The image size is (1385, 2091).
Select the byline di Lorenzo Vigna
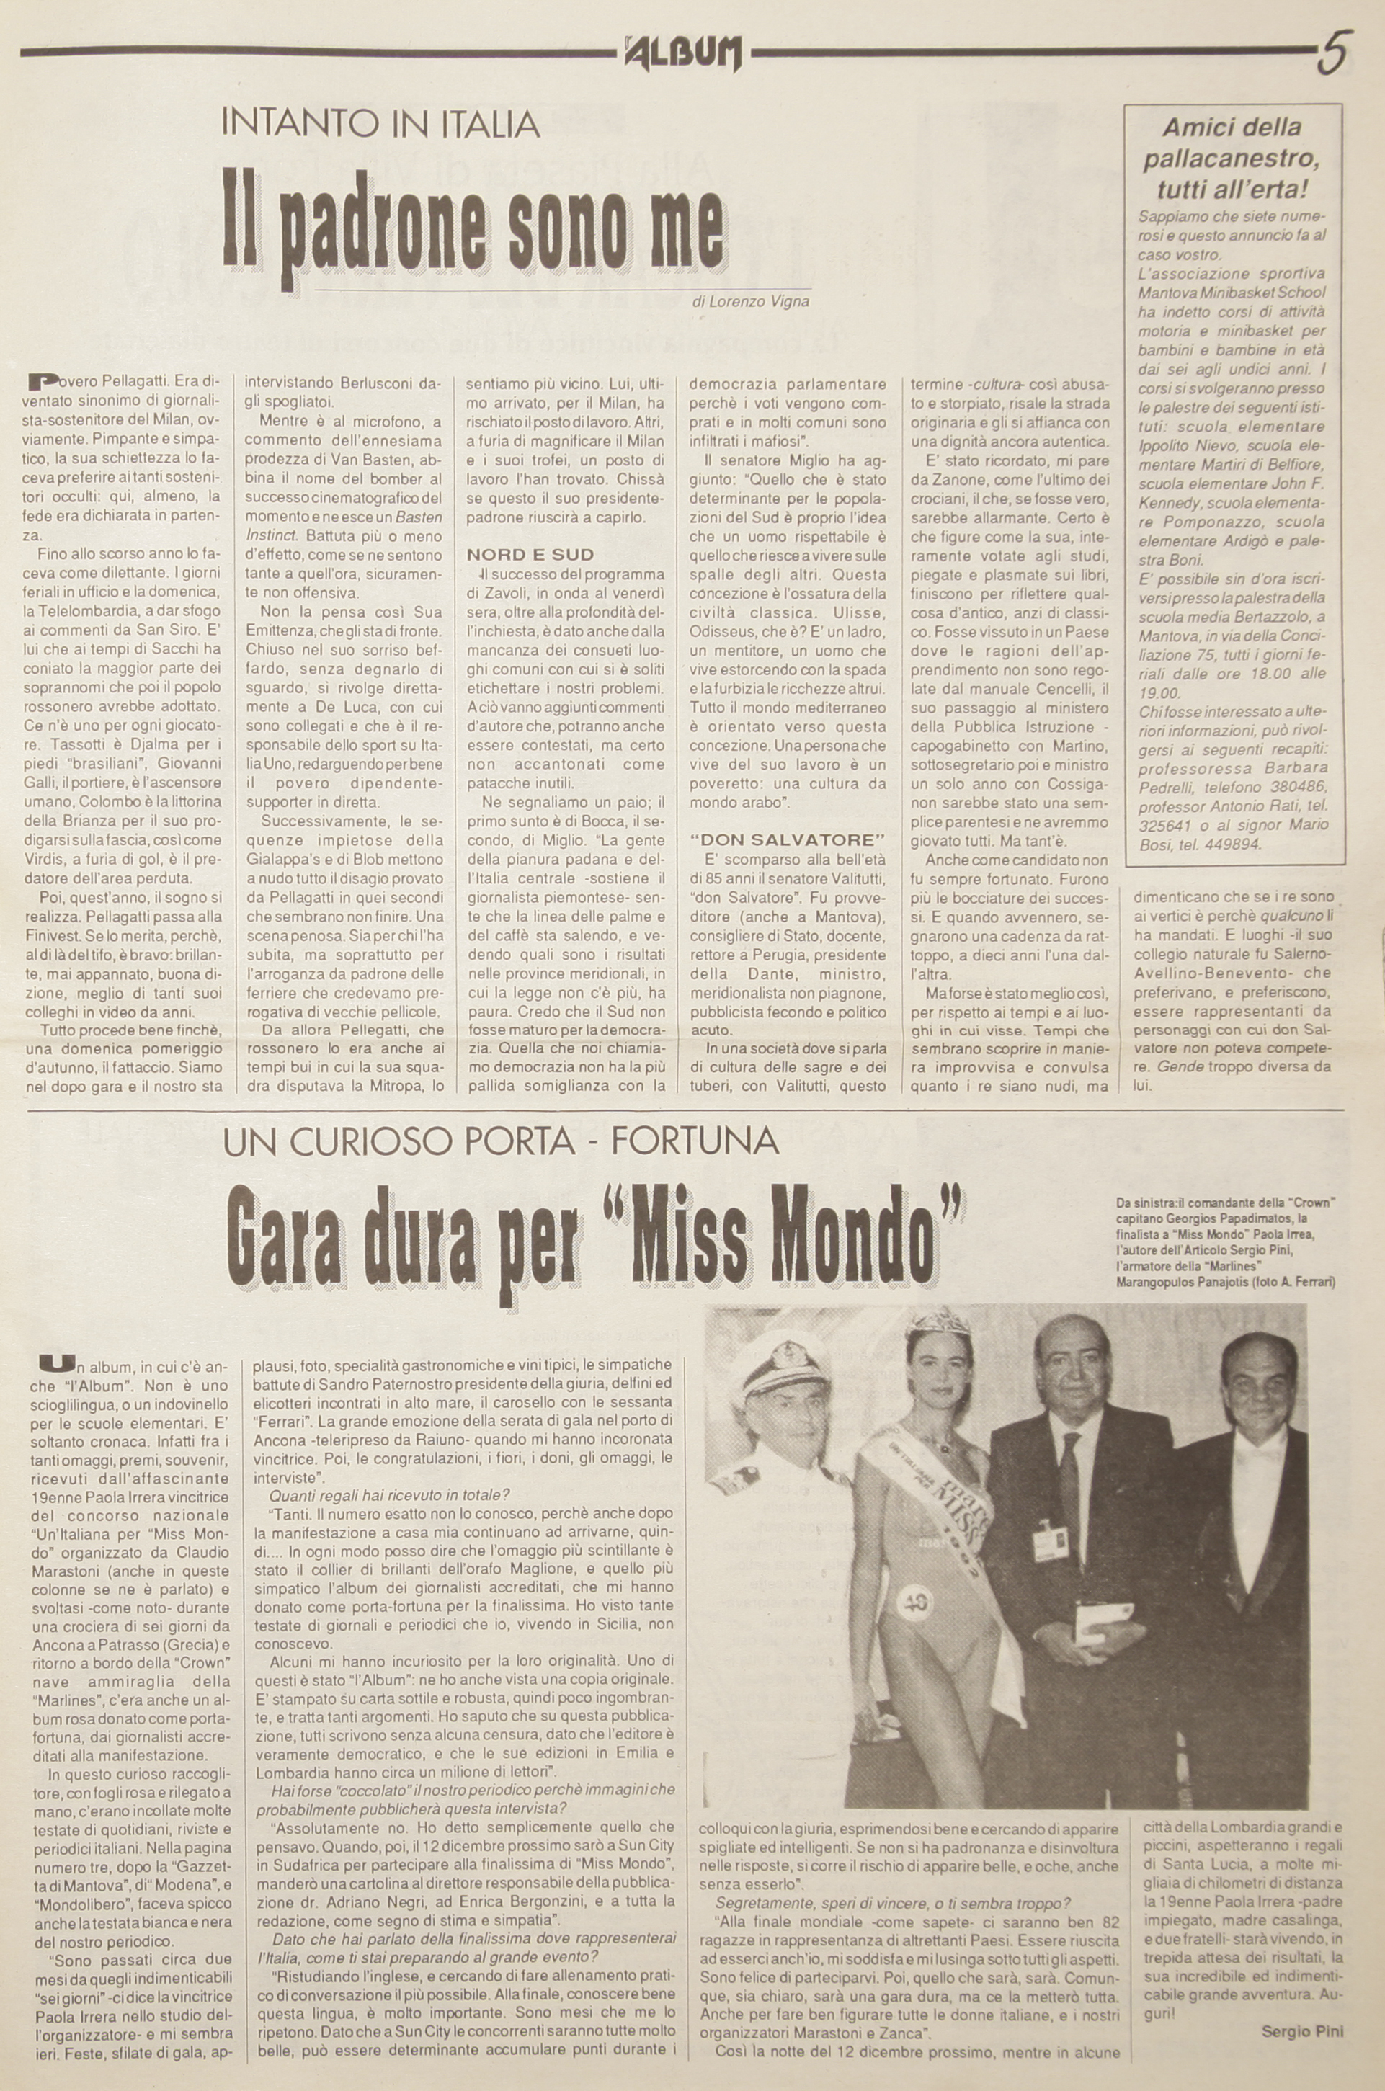[751, 301]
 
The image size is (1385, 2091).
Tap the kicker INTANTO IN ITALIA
[380, 124]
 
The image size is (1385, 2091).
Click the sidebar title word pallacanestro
[1232, 160]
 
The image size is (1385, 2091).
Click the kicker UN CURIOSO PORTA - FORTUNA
[501, 1142]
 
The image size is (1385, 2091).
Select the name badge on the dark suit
[1048, 1542]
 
